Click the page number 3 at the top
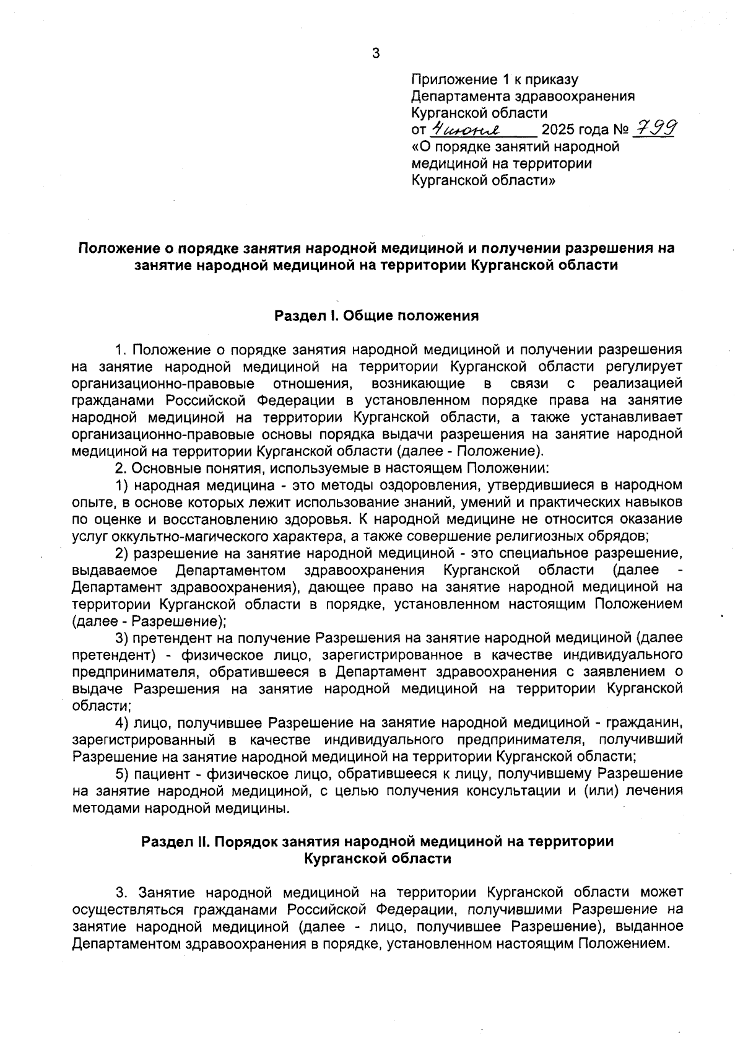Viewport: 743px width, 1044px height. coord(376,54)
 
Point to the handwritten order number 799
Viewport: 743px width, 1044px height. coord(654,128)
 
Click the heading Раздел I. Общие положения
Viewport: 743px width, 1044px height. coord(376,316)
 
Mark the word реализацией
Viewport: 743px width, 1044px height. coord(637,384)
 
